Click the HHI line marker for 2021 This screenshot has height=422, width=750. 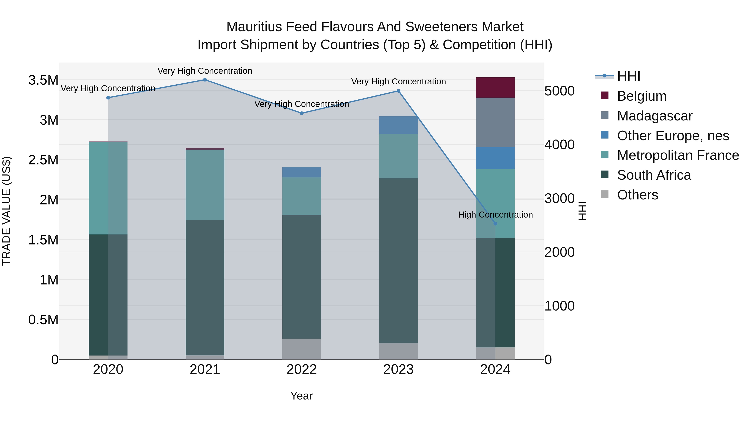click(x=205, y=80)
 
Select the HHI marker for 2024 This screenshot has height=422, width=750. click(x=495, y=224)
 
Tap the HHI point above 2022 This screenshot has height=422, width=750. click(x=302, y=113)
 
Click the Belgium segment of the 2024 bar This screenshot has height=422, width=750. click(x=495, y=88)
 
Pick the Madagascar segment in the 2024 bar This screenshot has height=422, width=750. click(x=495, y=123)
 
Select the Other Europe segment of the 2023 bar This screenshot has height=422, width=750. click(x=398, y=125)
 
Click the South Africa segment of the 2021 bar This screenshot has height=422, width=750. click(x=205, y=287)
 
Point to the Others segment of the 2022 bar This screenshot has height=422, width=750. click(x=302, y=349)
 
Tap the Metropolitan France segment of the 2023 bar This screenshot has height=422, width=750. click(x=398, y=156)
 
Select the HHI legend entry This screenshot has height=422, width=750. click(x=628, y=76)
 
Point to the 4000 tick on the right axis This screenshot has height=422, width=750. click(x=559, y=145)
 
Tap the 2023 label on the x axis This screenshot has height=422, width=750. click(x=398, y=369)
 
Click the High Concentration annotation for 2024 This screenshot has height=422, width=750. click(x=495, y=215)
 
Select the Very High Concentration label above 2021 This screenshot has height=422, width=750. click(x=205, y=71)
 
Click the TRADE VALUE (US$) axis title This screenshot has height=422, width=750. click(x=7, y=211)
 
